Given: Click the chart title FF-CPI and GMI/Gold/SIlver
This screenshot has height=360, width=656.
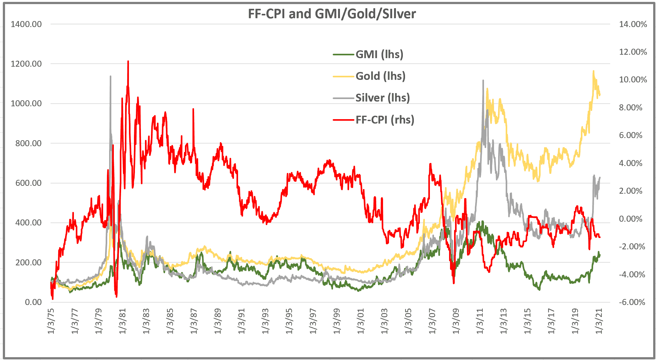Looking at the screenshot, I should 332,14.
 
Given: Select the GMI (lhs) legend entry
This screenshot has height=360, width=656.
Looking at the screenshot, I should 379,54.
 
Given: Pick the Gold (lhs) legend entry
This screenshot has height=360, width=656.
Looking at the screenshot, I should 380,76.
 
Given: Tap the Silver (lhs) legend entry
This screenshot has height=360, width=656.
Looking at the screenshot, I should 382,98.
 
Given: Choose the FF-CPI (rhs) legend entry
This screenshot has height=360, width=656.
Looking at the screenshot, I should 385,120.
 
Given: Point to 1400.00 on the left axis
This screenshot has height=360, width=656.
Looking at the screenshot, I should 26,24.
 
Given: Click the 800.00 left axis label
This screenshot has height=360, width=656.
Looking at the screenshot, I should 28,143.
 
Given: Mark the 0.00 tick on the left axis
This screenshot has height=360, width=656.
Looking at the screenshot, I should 33,302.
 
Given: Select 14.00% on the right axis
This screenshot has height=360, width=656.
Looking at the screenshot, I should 633,24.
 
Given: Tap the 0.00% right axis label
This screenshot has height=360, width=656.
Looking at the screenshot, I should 631,219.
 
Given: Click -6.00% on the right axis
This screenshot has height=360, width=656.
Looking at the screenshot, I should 632,302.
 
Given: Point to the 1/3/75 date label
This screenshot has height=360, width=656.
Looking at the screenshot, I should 51,321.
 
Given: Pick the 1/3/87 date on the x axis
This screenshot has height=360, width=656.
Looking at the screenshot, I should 194,321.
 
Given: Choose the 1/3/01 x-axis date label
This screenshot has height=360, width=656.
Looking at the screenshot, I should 360,321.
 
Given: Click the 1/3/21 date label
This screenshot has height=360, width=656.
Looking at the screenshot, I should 599,321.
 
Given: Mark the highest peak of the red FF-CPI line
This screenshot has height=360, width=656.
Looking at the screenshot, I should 128,61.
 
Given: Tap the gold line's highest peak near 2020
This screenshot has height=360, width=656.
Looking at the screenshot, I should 593,71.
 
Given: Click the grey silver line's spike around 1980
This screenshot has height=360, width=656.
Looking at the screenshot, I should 110,76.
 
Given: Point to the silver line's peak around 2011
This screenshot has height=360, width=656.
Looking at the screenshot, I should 483,80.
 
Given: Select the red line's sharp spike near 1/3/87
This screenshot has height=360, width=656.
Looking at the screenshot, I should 193,109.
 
